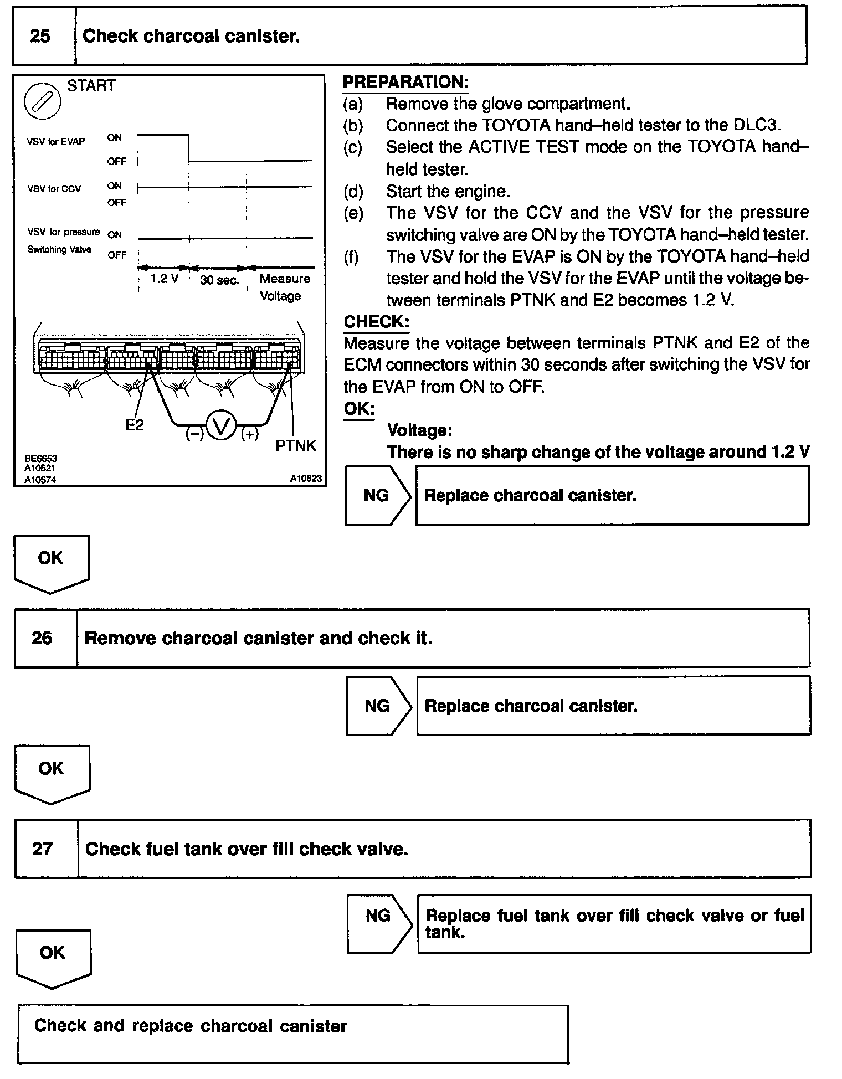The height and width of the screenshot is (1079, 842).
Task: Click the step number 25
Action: [x=40, y=37]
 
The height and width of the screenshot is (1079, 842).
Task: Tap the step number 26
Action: [x=42, y=638]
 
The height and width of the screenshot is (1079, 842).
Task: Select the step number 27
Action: [x=42, y=849]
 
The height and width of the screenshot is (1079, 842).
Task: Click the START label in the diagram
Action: [x=91, y=86]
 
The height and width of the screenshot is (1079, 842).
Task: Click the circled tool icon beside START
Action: [x=42, y=101]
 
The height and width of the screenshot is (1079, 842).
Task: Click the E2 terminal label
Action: [x=134, y=425]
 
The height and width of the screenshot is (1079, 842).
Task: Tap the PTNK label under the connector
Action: [x=296, y=446]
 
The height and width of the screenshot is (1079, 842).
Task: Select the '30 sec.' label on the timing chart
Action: [x=219, y=280]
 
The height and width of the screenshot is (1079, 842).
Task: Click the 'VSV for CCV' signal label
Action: [x=54, y=189]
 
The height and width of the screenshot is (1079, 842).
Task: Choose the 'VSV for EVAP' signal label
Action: [x=56, y=142]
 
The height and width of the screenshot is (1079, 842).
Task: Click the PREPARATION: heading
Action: [x=405, y=83]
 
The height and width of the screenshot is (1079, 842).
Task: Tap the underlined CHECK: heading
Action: [x=377, y=322]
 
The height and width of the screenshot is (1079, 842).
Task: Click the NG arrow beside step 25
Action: [x=377, y=495]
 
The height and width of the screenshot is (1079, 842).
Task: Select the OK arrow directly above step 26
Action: [x=51, y=562]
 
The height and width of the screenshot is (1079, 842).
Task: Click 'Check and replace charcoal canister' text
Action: [x=191, y=1026]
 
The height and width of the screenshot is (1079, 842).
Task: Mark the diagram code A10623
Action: [x=306, y=479]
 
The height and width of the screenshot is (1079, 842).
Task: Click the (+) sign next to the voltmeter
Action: [x=250, y=435]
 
